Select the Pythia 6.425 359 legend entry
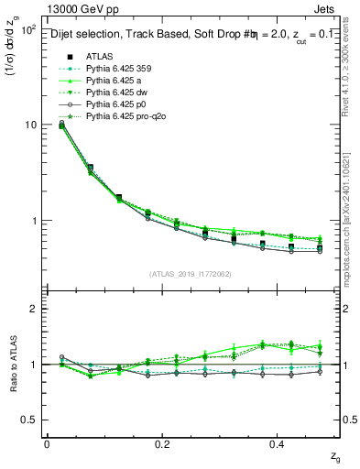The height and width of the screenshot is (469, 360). coord(118,69)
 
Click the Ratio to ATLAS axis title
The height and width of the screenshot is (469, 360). coord(12,364)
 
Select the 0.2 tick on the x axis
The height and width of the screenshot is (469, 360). coord(163,443)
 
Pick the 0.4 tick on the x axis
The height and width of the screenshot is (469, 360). coord(278,443)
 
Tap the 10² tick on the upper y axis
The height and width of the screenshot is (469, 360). coord(27,30)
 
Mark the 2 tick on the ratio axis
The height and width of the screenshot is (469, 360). coord(35,310)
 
